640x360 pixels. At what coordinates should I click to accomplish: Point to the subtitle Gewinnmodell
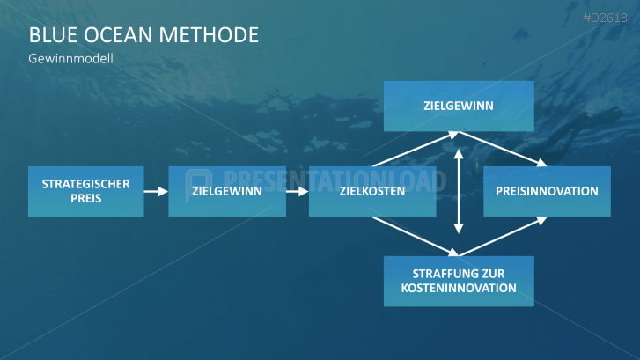click(x=71, y=59)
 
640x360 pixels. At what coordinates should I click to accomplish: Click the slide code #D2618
click(x=607, y=17)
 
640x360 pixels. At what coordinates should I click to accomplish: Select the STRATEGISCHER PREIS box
click(x=85, y=191)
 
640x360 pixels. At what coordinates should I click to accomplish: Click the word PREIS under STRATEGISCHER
click(x=86, y=199)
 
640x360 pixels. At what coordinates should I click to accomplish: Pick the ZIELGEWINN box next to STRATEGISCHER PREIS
click(x=227, y=191)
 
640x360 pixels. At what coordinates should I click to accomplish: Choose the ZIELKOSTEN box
click(x=372, y=191)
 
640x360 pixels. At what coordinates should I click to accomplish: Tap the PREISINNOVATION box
click(x=547, y=191)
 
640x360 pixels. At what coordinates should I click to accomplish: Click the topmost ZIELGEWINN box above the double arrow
click(x=459, y=106)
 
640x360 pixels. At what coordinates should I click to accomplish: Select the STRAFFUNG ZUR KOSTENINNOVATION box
click(x=459, y=281)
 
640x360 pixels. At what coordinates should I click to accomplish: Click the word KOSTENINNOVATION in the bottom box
click(x=459, y=288)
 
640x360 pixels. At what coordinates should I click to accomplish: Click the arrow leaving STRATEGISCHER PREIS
click(x=156, y=191)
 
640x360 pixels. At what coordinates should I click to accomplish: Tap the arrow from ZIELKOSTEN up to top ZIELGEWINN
click(x=414, y=150)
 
